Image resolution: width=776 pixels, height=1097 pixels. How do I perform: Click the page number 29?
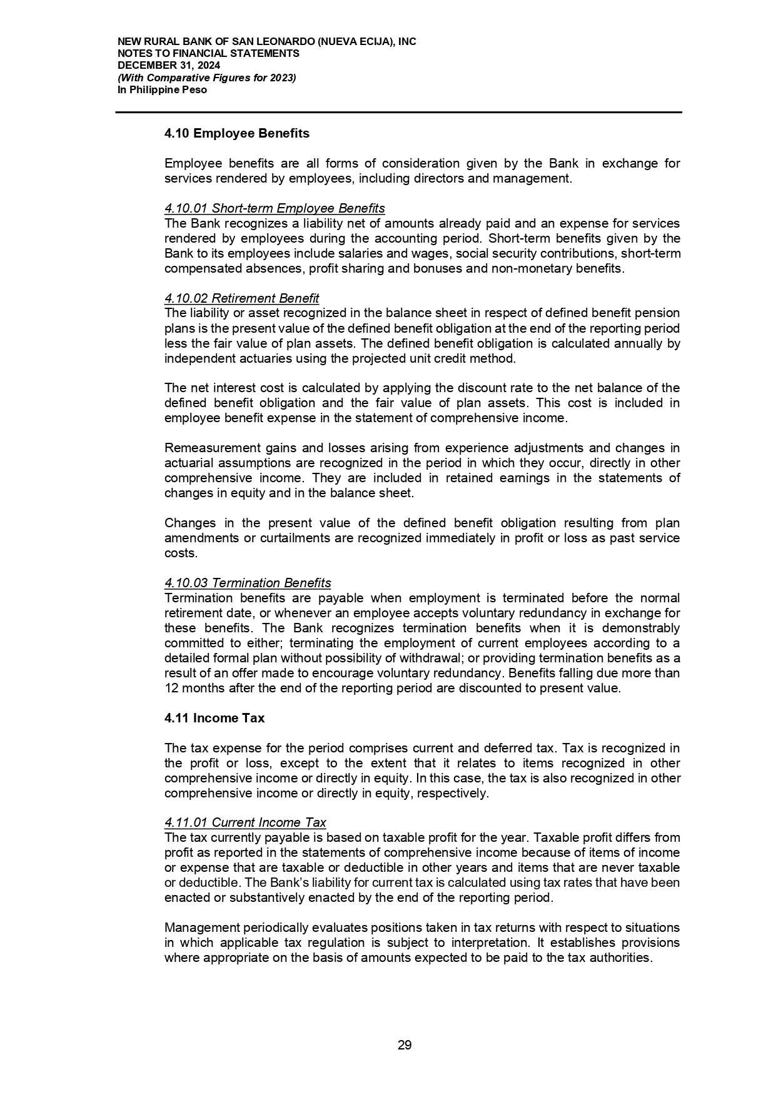405,1045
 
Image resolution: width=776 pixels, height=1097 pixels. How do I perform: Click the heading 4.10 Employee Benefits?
237,133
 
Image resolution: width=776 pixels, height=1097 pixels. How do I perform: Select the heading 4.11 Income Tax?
214,718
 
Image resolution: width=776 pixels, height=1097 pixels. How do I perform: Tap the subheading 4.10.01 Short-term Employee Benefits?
275,208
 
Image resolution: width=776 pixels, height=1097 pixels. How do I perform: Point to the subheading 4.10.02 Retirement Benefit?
241,298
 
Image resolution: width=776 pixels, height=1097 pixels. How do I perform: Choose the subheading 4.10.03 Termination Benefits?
248,583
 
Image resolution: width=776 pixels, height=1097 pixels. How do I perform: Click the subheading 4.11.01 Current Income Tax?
245,822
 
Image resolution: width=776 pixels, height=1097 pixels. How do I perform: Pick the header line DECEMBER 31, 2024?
169,66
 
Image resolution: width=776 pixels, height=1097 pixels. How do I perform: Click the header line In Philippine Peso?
163,89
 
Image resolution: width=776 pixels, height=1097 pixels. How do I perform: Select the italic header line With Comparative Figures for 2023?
207,78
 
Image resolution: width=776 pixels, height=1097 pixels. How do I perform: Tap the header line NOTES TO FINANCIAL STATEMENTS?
208,54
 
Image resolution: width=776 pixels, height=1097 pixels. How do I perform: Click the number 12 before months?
171,689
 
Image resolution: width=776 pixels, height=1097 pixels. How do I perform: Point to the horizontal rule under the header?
398,113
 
